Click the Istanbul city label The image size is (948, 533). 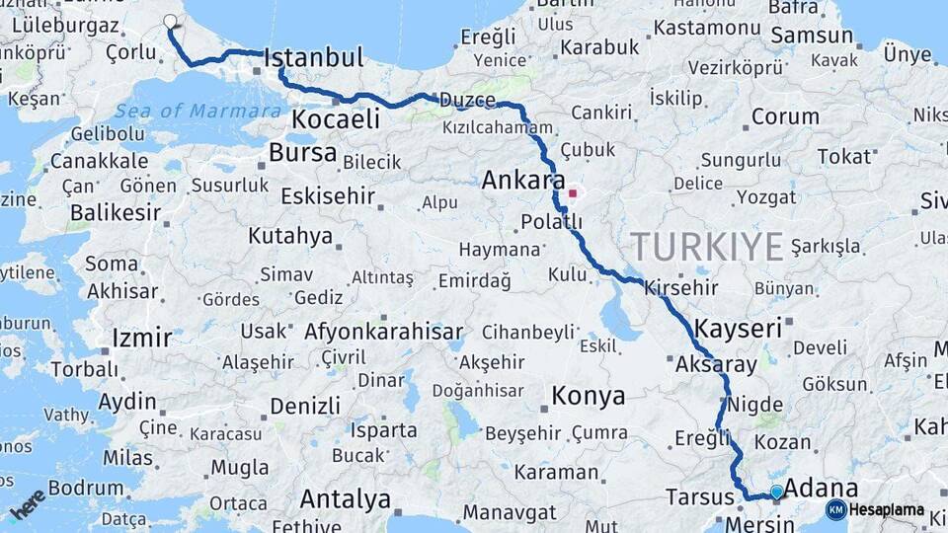(314, 57)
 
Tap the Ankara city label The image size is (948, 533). (522, 182)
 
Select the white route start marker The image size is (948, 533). (170, 21)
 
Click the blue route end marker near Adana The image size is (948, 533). (777, 492)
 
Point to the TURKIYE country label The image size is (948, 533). (707, 246)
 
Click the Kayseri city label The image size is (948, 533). (738, 329)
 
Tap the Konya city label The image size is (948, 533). (588, 397)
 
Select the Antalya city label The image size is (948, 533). (345, 499)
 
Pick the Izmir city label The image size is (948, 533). (142, 339)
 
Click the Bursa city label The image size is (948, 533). (302, 153)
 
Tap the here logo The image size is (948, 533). (27, 503)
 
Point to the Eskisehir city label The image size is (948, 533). (328, 196)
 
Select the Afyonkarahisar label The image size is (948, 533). (383, 332)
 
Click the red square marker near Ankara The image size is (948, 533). (572, 193)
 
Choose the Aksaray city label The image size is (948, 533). (716, 364)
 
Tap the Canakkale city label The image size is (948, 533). (99, 160)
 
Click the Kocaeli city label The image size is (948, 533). (335, 119)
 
